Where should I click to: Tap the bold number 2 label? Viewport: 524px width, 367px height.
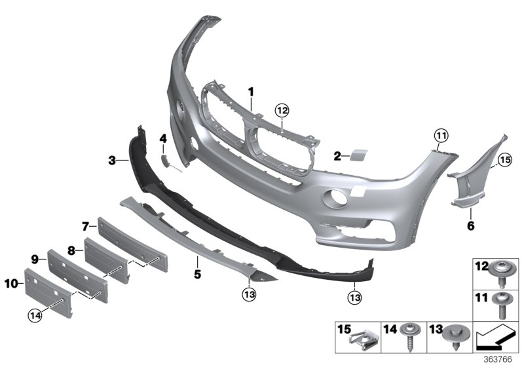point(337,156)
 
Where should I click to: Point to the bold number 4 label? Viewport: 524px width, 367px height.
point(163,138)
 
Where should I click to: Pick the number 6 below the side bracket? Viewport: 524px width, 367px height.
point(470,226)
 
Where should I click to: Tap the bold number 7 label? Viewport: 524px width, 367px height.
point(85,227)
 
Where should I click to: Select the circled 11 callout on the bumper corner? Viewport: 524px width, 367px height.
point(440,136)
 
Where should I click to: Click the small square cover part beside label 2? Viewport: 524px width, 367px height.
point(360,155)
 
